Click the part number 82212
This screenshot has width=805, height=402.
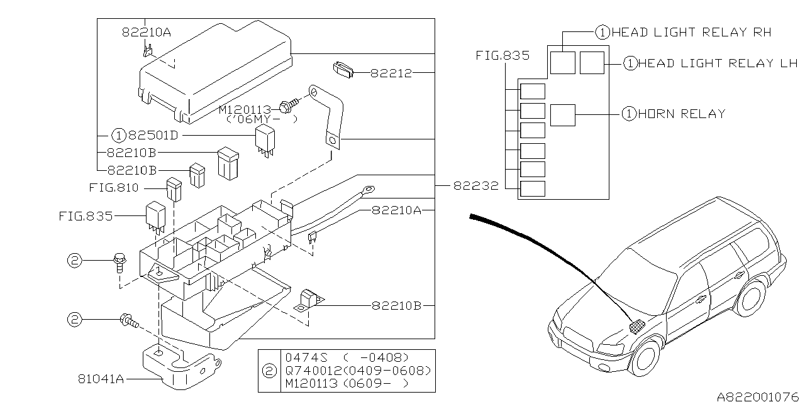[x=391, y=73]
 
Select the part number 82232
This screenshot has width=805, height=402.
[x=477, y=186]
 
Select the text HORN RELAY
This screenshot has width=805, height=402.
[x=682, y=114]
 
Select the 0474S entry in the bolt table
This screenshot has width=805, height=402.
[x=302, y=357]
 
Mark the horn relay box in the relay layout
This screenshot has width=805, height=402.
[x=563, y=115]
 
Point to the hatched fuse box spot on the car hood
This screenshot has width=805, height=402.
[x=637, y=326]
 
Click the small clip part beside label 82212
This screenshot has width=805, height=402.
[x=343, y=68]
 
